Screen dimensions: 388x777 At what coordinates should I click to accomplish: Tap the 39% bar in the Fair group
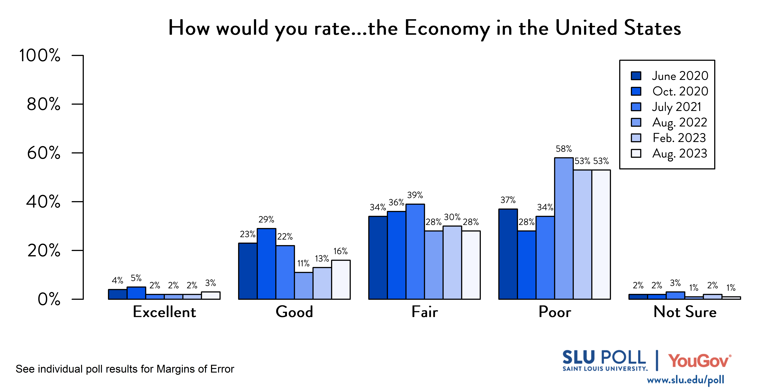415,252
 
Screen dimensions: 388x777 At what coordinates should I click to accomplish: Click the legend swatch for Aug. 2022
636,122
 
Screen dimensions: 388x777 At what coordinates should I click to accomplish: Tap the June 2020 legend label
680,76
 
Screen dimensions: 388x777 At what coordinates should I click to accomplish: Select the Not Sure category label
685,312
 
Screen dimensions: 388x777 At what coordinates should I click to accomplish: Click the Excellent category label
164,312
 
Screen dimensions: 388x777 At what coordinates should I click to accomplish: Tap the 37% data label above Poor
508,200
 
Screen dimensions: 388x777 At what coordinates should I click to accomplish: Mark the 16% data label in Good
340,251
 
